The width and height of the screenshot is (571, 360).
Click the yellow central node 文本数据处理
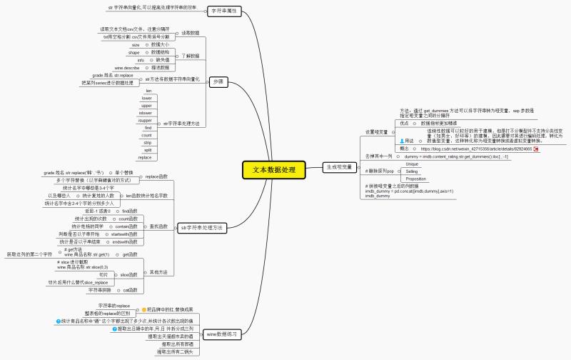273,170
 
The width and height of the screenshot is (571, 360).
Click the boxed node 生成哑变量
339,166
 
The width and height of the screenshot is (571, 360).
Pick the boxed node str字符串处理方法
202,227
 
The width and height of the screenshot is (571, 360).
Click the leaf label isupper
145,120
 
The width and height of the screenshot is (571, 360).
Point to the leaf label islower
145,113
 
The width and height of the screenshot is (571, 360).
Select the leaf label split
147,149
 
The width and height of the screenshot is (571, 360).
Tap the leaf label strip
146,142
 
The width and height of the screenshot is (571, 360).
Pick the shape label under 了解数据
134,52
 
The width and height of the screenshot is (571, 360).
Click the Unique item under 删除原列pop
412,164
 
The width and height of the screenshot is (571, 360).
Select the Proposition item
415,179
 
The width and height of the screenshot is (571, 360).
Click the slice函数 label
128,274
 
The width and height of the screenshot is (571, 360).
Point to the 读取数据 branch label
191,33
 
